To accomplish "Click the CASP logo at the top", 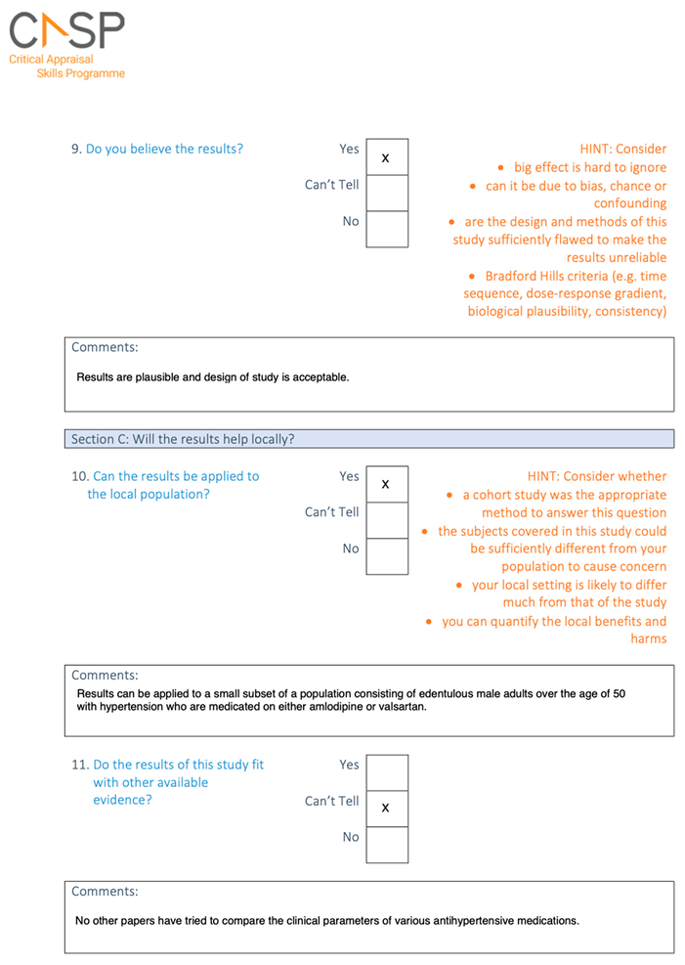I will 66,31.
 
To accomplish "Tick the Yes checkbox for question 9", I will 386,157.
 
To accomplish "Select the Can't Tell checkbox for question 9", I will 386,194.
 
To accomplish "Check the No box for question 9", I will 386,230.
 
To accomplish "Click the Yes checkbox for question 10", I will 386,484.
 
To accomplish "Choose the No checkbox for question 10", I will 386,556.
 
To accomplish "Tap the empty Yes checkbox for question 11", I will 386,772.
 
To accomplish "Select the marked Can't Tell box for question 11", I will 386,808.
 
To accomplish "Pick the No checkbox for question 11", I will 386,845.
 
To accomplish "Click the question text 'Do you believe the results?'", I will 164,149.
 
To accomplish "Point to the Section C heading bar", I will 371,439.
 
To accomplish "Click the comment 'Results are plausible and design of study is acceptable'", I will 212,376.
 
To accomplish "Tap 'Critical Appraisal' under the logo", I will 52,60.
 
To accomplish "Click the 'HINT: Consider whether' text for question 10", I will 597,476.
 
